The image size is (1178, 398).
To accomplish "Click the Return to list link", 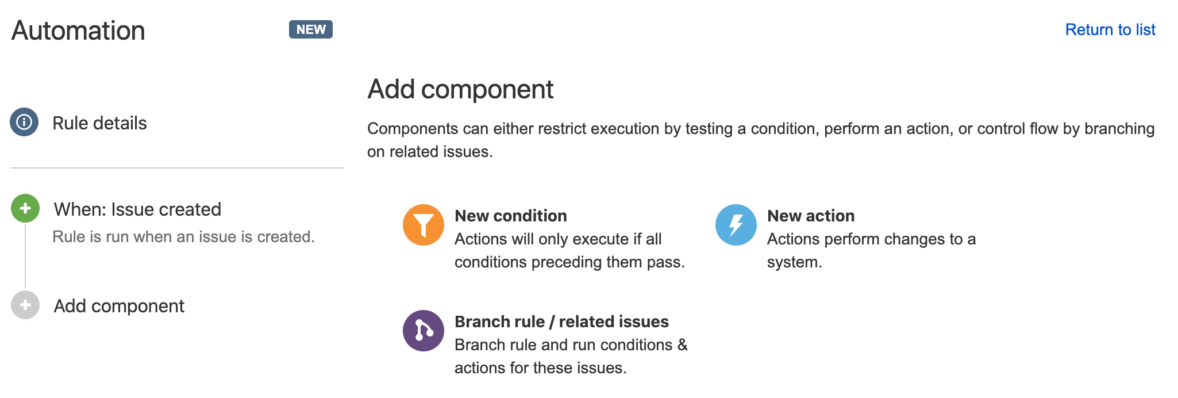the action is coord(1110,30).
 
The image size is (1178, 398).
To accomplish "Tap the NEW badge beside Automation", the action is coord(311,29).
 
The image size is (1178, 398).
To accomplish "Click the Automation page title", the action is coord(78,30).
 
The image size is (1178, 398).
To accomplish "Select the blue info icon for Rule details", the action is coord(24,122).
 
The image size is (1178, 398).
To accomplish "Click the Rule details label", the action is coord(99,123).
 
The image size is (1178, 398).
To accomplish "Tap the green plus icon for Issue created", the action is coord(25,208).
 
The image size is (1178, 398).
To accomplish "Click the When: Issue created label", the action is coord(137,209).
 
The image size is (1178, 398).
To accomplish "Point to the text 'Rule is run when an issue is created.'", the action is coord(183,236).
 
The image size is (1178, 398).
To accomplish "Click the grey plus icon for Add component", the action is coord(25,305).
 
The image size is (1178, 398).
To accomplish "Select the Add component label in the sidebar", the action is coord(119,306).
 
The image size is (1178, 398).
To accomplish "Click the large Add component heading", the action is coord(460,90).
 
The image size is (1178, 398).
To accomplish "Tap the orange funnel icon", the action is coord(424,225).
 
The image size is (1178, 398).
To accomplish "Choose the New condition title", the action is coord(511,216).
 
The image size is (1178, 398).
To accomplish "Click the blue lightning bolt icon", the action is coord(736,225).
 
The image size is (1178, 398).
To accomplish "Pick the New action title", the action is coord(811,216).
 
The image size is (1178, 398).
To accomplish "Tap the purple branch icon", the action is coord(424,331).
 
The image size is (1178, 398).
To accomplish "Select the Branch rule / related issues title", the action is coord(561,322).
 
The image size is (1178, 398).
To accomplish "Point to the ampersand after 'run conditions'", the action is coord(683,345).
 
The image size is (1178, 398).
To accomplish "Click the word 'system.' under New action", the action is coord(794,262).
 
